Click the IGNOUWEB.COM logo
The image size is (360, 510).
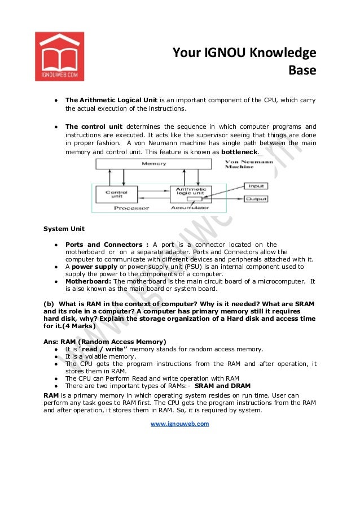pos(59,56)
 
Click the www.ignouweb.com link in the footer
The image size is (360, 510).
pos(179,424)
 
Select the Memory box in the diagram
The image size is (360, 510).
pos(154,164)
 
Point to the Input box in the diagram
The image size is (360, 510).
pos(255,186)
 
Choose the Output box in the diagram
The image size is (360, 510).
pos(256,199)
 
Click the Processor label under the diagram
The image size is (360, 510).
pos(131,208)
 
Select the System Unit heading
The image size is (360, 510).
pos(64,229)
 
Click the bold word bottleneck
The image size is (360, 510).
pos(239,152)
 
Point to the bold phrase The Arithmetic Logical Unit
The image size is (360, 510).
pos(111,100)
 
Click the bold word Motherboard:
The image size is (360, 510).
pos(89,281)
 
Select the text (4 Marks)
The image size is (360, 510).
pos(74,326)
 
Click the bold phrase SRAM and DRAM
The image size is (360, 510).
pos(222,386)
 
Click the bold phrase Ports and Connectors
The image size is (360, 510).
pos(107,245)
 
